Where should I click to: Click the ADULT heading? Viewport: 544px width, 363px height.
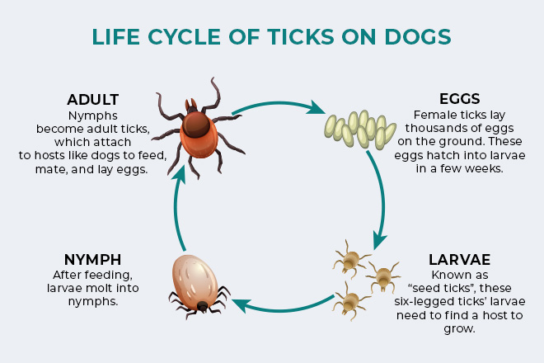[93, 100]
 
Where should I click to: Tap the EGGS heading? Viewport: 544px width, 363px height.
[460, 99]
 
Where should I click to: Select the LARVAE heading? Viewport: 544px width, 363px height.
[460, 260]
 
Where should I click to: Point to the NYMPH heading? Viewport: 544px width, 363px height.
[93, 260]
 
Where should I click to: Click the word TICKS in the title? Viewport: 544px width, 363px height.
[301, 36]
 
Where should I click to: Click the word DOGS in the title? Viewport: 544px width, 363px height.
[418, 36]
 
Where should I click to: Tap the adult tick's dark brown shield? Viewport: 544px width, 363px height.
[196, 124]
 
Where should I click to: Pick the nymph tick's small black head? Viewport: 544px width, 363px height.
[202, 306]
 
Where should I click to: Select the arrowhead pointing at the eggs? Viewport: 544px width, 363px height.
[317, 108]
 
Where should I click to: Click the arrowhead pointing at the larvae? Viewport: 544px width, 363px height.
[379, 240]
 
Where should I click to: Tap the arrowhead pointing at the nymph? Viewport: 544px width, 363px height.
[241, 304]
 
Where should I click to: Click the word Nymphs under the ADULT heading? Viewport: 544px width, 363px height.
[93, 115]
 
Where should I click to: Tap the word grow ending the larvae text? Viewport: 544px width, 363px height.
[458, 329]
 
